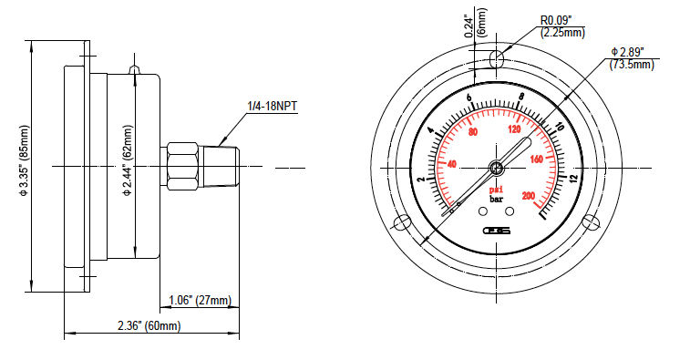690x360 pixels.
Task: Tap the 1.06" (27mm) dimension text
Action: tap(201, 300)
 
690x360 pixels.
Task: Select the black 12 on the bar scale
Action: tap(572, 178)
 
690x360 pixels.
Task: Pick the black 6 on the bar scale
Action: tap(469, 98)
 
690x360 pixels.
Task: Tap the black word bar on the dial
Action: tap(497, 199)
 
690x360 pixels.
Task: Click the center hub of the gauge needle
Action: tap(496, 167)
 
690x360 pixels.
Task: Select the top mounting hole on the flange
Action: tap(496, 59)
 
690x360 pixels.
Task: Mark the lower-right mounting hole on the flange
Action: tap(590, 221)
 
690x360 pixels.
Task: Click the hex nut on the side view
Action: tap(182, 166)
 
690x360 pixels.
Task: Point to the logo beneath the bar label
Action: tap(497, 231)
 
